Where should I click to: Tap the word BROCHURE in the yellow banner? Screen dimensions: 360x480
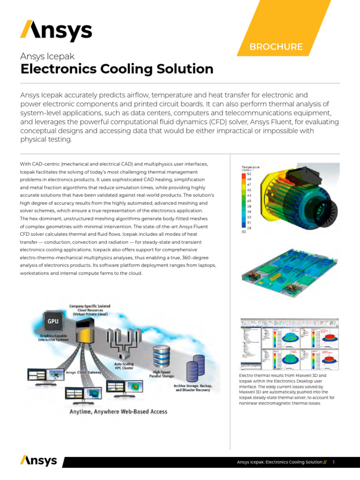click(276, 47)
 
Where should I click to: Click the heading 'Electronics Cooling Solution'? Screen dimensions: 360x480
click(117, 69)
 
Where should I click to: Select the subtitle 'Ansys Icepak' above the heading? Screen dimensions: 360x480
click(47, 56)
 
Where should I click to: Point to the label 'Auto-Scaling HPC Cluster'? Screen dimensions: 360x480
click(124, 366)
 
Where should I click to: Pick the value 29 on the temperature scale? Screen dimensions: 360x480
click(249, 227)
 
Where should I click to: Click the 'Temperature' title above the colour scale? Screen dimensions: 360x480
click(250, 166)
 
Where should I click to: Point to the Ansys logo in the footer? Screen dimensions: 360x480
click(38, 461)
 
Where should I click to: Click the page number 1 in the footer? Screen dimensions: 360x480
click(333, 463)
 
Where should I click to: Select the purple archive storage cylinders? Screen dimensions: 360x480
click(195, 367)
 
